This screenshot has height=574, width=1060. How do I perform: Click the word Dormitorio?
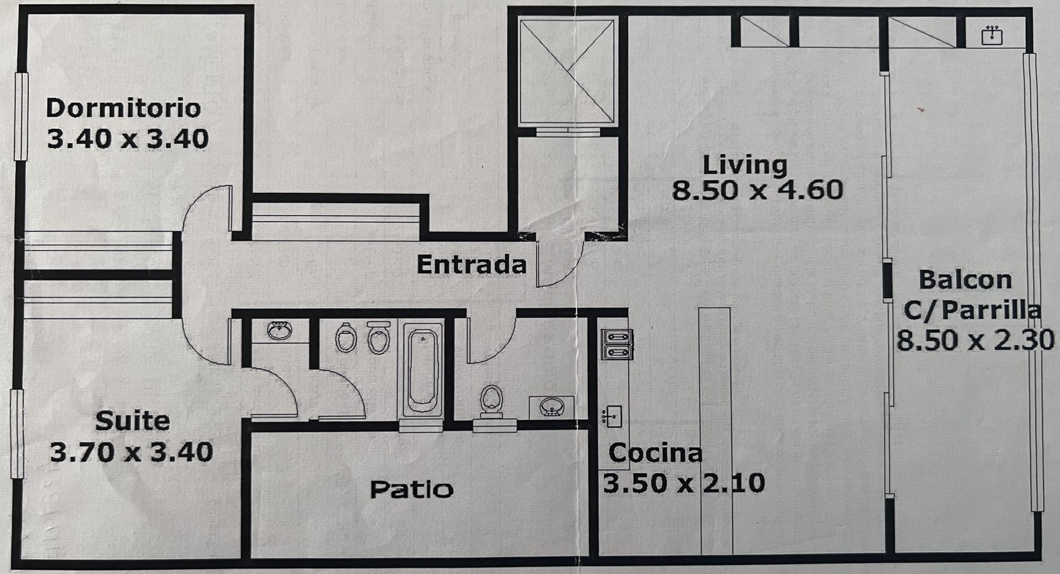(123, 108)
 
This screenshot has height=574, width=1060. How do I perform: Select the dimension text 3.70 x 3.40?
(131, 452)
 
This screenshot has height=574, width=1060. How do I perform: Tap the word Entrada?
(471, 265)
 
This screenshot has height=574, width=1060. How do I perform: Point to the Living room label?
(745, 164)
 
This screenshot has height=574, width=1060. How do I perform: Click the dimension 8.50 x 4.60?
(757, 190)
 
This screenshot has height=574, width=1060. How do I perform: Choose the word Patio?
(411, 489)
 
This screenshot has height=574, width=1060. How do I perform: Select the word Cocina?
(655, 453)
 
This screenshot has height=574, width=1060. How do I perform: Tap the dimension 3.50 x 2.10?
(683, 483)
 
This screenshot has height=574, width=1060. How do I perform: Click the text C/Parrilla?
(972, 310)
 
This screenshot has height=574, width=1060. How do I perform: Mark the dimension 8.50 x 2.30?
(974, 340)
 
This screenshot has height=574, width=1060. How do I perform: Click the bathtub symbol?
(422, 370)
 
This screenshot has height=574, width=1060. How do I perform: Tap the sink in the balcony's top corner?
(991, 35)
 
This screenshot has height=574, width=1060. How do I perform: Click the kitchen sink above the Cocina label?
(612, 416)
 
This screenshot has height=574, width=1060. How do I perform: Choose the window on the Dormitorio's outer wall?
(21, 117)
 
